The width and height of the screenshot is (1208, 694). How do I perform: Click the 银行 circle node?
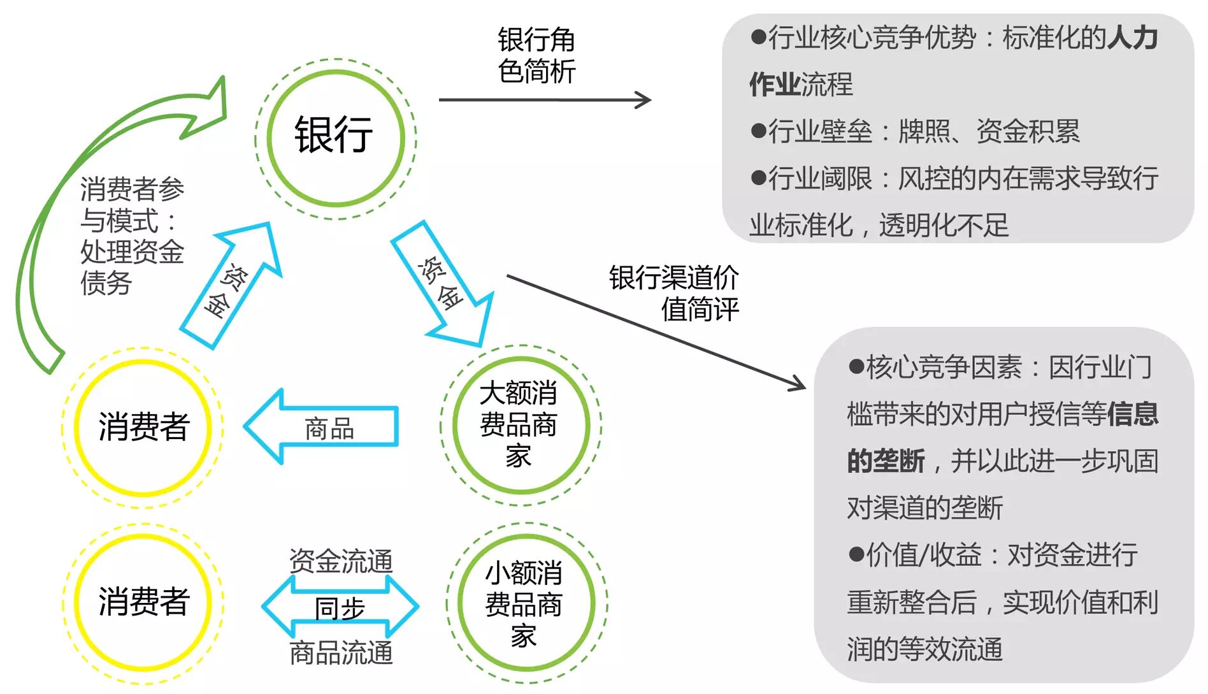tap(335, 138)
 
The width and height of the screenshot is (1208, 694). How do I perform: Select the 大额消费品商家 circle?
tap(520, 425)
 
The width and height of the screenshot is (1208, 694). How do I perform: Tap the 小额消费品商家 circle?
tap(526, 603)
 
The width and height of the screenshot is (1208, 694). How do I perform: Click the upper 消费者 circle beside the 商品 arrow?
tap(143, 427)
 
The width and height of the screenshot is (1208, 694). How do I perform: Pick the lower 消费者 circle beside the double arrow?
tap(143, 602)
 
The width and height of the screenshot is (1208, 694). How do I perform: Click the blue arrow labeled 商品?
tap(322, 426)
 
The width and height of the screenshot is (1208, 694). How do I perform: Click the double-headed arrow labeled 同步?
tap(340, 607)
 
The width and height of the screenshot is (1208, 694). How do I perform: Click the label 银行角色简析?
tap(536, 55)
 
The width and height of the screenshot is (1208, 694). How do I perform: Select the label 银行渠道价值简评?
tap(674, 293)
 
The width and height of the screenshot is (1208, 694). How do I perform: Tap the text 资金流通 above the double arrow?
tap(341, 561)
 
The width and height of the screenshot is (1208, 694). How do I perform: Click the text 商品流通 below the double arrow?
tap(341, 653)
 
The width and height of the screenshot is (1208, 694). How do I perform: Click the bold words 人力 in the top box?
tap(1133, 38)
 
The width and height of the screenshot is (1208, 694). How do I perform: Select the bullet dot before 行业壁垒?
tap(758, 131)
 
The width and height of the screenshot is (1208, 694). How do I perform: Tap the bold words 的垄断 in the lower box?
tap(886, 461)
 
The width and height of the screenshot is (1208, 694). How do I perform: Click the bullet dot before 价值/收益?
tap(856, 554)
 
